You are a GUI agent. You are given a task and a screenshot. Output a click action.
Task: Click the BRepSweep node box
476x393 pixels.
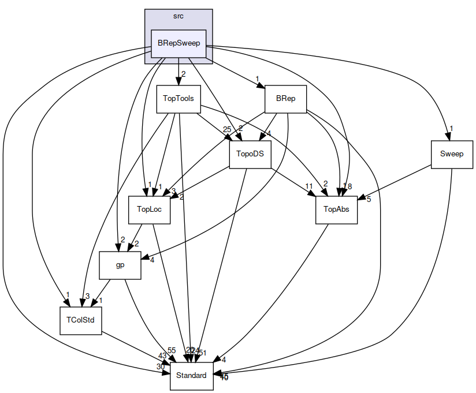(178, 43)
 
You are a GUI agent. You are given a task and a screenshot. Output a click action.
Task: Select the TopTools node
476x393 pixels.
(178, 99)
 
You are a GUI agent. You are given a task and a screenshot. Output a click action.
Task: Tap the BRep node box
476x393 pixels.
(285, 99)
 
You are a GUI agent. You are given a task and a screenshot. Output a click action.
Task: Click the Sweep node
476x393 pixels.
(451, 154)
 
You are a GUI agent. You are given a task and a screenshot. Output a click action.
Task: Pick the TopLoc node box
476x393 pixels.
(148, 209)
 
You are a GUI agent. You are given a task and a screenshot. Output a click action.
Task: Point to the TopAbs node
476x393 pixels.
(336, 209)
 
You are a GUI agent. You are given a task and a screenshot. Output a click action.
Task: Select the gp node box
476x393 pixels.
(120, 265)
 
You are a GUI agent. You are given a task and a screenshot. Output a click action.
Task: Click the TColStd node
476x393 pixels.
(81, 320)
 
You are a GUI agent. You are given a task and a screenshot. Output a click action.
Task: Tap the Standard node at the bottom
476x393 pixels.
(191, 376)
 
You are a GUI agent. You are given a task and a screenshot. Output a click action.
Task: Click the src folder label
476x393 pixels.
(178, 16)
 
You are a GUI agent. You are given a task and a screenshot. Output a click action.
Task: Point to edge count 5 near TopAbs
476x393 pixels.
(369, 200)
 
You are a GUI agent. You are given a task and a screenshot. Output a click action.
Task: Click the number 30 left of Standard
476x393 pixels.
(160, 367)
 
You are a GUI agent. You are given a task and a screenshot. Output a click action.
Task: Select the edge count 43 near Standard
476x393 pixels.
(162, 356)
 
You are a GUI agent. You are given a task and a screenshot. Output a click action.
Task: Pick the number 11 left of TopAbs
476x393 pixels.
(309, 186)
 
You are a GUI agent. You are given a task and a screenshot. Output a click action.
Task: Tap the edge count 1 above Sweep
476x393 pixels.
(451, 128)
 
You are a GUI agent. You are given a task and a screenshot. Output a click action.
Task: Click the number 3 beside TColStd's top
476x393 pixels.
(87, 296)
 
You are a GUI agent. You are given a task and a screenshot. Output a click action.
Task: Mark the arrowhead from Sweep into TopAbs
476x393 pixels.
(360, 199)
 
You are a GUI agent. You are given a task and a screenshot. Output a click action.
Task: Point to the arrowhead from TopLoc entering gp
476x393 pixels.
(130, 248)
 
